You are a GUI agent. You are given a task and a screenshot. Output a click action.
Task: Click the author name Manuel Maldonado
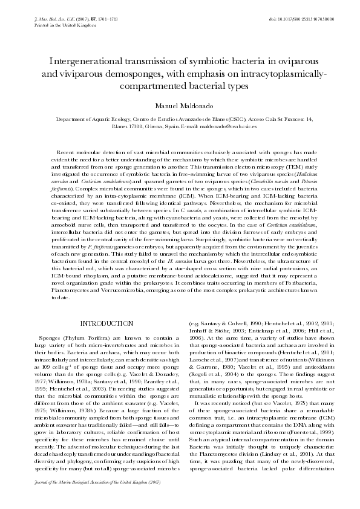tap(180, 106)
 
